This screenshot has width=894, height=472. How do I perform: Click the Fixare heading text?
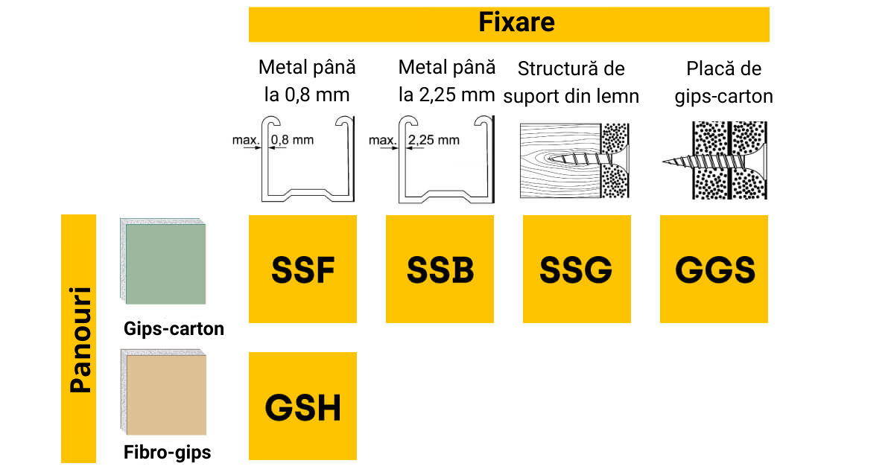point(516,22)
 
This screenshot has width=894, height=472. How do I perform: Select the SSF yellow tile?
point(302,269)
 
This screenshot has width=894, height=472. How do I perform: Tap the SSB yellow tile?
point(440,269)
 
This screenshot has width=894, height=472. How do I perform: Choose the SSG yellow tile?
point(577,269)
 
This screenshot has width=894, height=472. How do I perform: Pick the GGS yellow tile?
point(714,269)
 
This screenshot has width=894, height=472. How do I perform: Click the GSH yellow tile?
point(302,406)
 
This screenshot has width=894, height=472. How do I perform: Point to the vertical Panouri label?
point(78,339)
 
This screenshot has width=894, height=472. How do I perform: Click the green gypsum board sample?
point(165,264)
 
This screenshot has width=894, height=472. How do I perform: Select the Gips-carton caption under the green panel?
point(174,328)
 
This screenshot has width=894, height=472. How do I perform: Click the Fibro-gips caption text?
point(167,452)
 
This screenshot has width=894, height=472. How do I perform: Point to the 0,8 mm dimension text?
point(294,139)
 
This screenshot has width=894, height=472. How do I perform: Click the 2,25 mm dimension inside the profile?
point(434,139)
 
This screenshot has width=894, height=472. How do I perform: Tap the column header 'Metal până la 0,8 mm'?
point(306,81)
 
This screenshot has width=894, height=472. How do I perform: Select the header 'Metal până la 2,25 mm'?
point(446,81)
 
